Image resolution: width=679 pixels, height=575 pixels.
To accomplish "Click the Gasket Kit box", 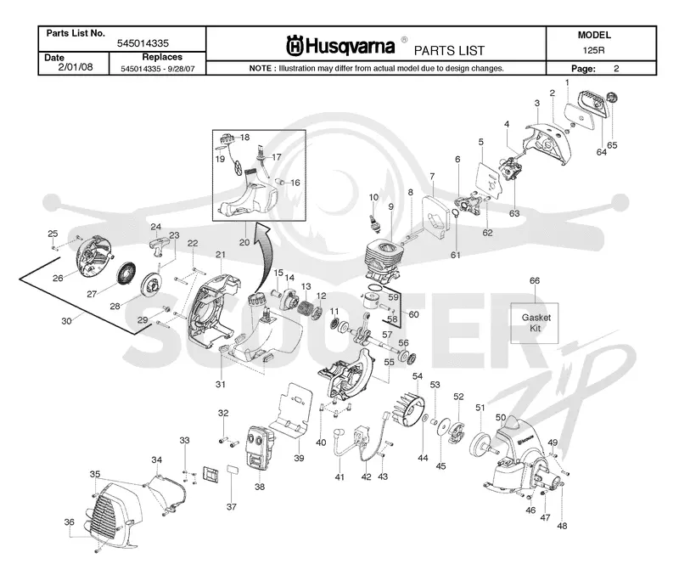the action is (x=535, y=323).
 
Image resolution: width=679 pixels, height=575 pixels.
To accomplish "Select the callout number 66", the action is (x=535, y=281).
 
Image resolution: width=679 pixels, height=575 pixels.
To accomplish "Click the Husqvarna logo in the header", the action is (x=340, y=46).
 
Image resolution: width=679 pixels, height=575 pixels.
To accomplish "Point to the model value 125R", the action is (x=593, y=50).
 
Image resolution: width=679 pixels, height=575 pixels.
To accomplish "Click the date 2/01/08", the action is (x=76, y=67).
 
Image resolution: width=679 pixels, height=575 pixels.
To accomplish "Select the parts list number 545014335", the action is (x=143, y=43).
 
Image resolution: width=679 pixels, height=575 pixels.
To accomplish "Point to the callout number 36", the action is (x=70, y=522).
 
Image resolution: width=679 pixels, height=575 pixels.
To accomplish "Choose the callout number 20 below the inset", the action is (x=244, y=243).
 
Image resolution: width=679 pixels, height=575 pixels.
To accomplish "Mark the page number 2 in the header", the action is (x=616, y=69).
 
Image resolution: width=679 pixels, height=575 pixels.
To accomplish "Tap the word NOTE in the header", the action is (x=261, y=69).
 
